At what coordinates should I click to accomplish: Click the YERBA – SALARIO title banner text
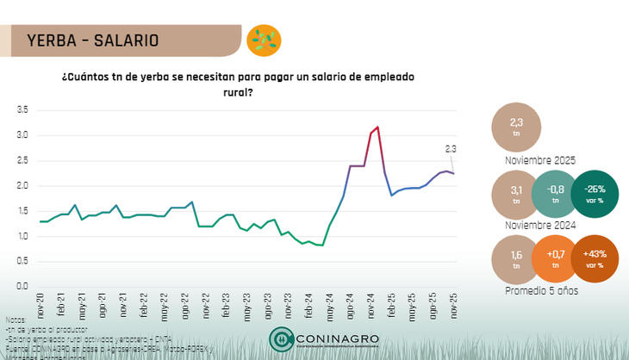pyautogui.click(x=93, y=40)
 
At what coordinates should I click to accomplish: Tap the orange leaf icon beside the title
pyautogui.click(x=263, y=40)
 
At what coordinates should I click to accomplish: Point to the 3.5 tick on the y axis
pyautogui.click(x=22, y=110)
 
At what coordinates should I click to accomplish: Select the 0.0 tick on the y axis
pyautogui.click(x=22, y=286)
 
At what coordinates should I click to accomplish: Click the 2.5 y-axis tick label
pyautogui.click(x=22, y=160)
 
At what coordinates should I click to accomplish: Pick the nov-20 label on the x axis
pyautogui.click(x=40, y=303)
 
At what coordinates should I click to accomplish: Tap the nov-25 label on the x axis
pyautogui.click(x=454, y=303)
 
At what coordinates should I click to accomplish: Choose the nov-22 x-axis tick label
pyautogui.click(x=206, y=303)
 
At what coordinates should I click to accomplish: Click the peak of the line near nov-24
pyautogui.click(x=377, y=127)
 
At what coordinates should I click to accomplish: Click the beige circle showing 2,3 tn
pyautogui.click(x=516, y=127)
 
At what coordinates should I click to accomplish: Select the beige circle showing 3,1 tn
pyautogui.click(x=516, y=195)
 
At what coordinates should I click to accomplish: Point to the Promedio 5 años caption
pyautogui.click(x=541, y=291)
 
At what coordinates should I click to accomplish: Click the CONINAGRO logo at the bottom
pyautogui.click(x=324, y=339)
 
